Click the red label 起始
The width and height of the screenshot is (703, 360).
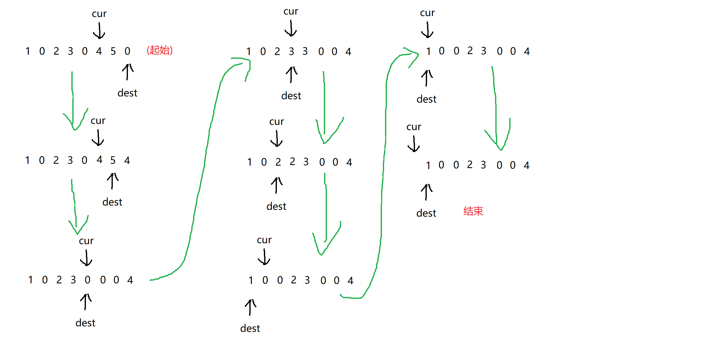[x=159, y=50]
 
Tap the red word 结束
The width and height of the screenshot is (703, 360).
[x=473, y=211]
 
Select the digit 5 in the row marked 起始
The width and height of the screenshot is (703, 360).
[x=113, y=51]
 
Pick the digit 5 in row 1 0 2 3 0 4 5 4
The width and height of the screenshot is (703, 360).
[x=113, y=160]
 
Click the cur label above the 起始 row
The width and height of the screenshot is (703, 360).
[x=99, y=14]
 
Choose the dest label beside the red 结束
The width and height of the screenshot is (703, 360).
[x=426, y=213]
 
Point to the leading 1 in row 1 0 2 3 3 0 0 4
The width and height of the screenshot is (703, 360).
[x=248, y=51]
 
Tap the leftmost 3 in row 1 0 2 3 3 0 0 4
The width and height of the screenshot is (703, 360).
[x=291, y=51]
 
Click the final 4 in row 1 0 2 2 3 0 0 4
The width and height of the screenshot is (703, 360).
[x=349, y=162]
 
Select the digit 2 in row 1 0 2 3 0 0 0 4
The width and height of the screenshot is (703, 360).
[x=59, y=280]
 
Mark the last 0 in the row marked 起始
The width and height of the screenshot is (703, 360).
[x=127, y=51]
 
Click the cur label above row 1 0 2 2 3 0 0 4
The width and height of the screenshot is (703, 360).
[x=277, y=122]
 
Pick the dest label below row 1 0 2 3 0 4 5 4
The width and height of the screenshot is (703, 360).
[x=112, y=202]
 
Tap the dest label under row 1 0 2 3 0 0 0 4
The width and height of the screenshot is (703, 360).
[x=85, y=323]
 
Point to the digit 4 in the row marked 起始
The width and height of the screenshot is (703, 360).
[x=99, y=51]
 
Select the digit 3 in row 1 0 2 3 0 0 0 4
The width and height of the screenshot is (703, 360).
[x=73, y=280]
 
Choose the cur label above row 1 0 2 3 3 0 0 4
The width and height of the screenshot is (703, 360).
[x=291, y=11]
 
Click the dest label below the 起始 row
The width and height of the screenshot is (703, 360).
[x=127, y=93]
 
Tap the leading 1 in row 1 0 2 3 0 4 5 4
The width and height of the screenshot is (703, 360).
[x=28, y=160]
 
